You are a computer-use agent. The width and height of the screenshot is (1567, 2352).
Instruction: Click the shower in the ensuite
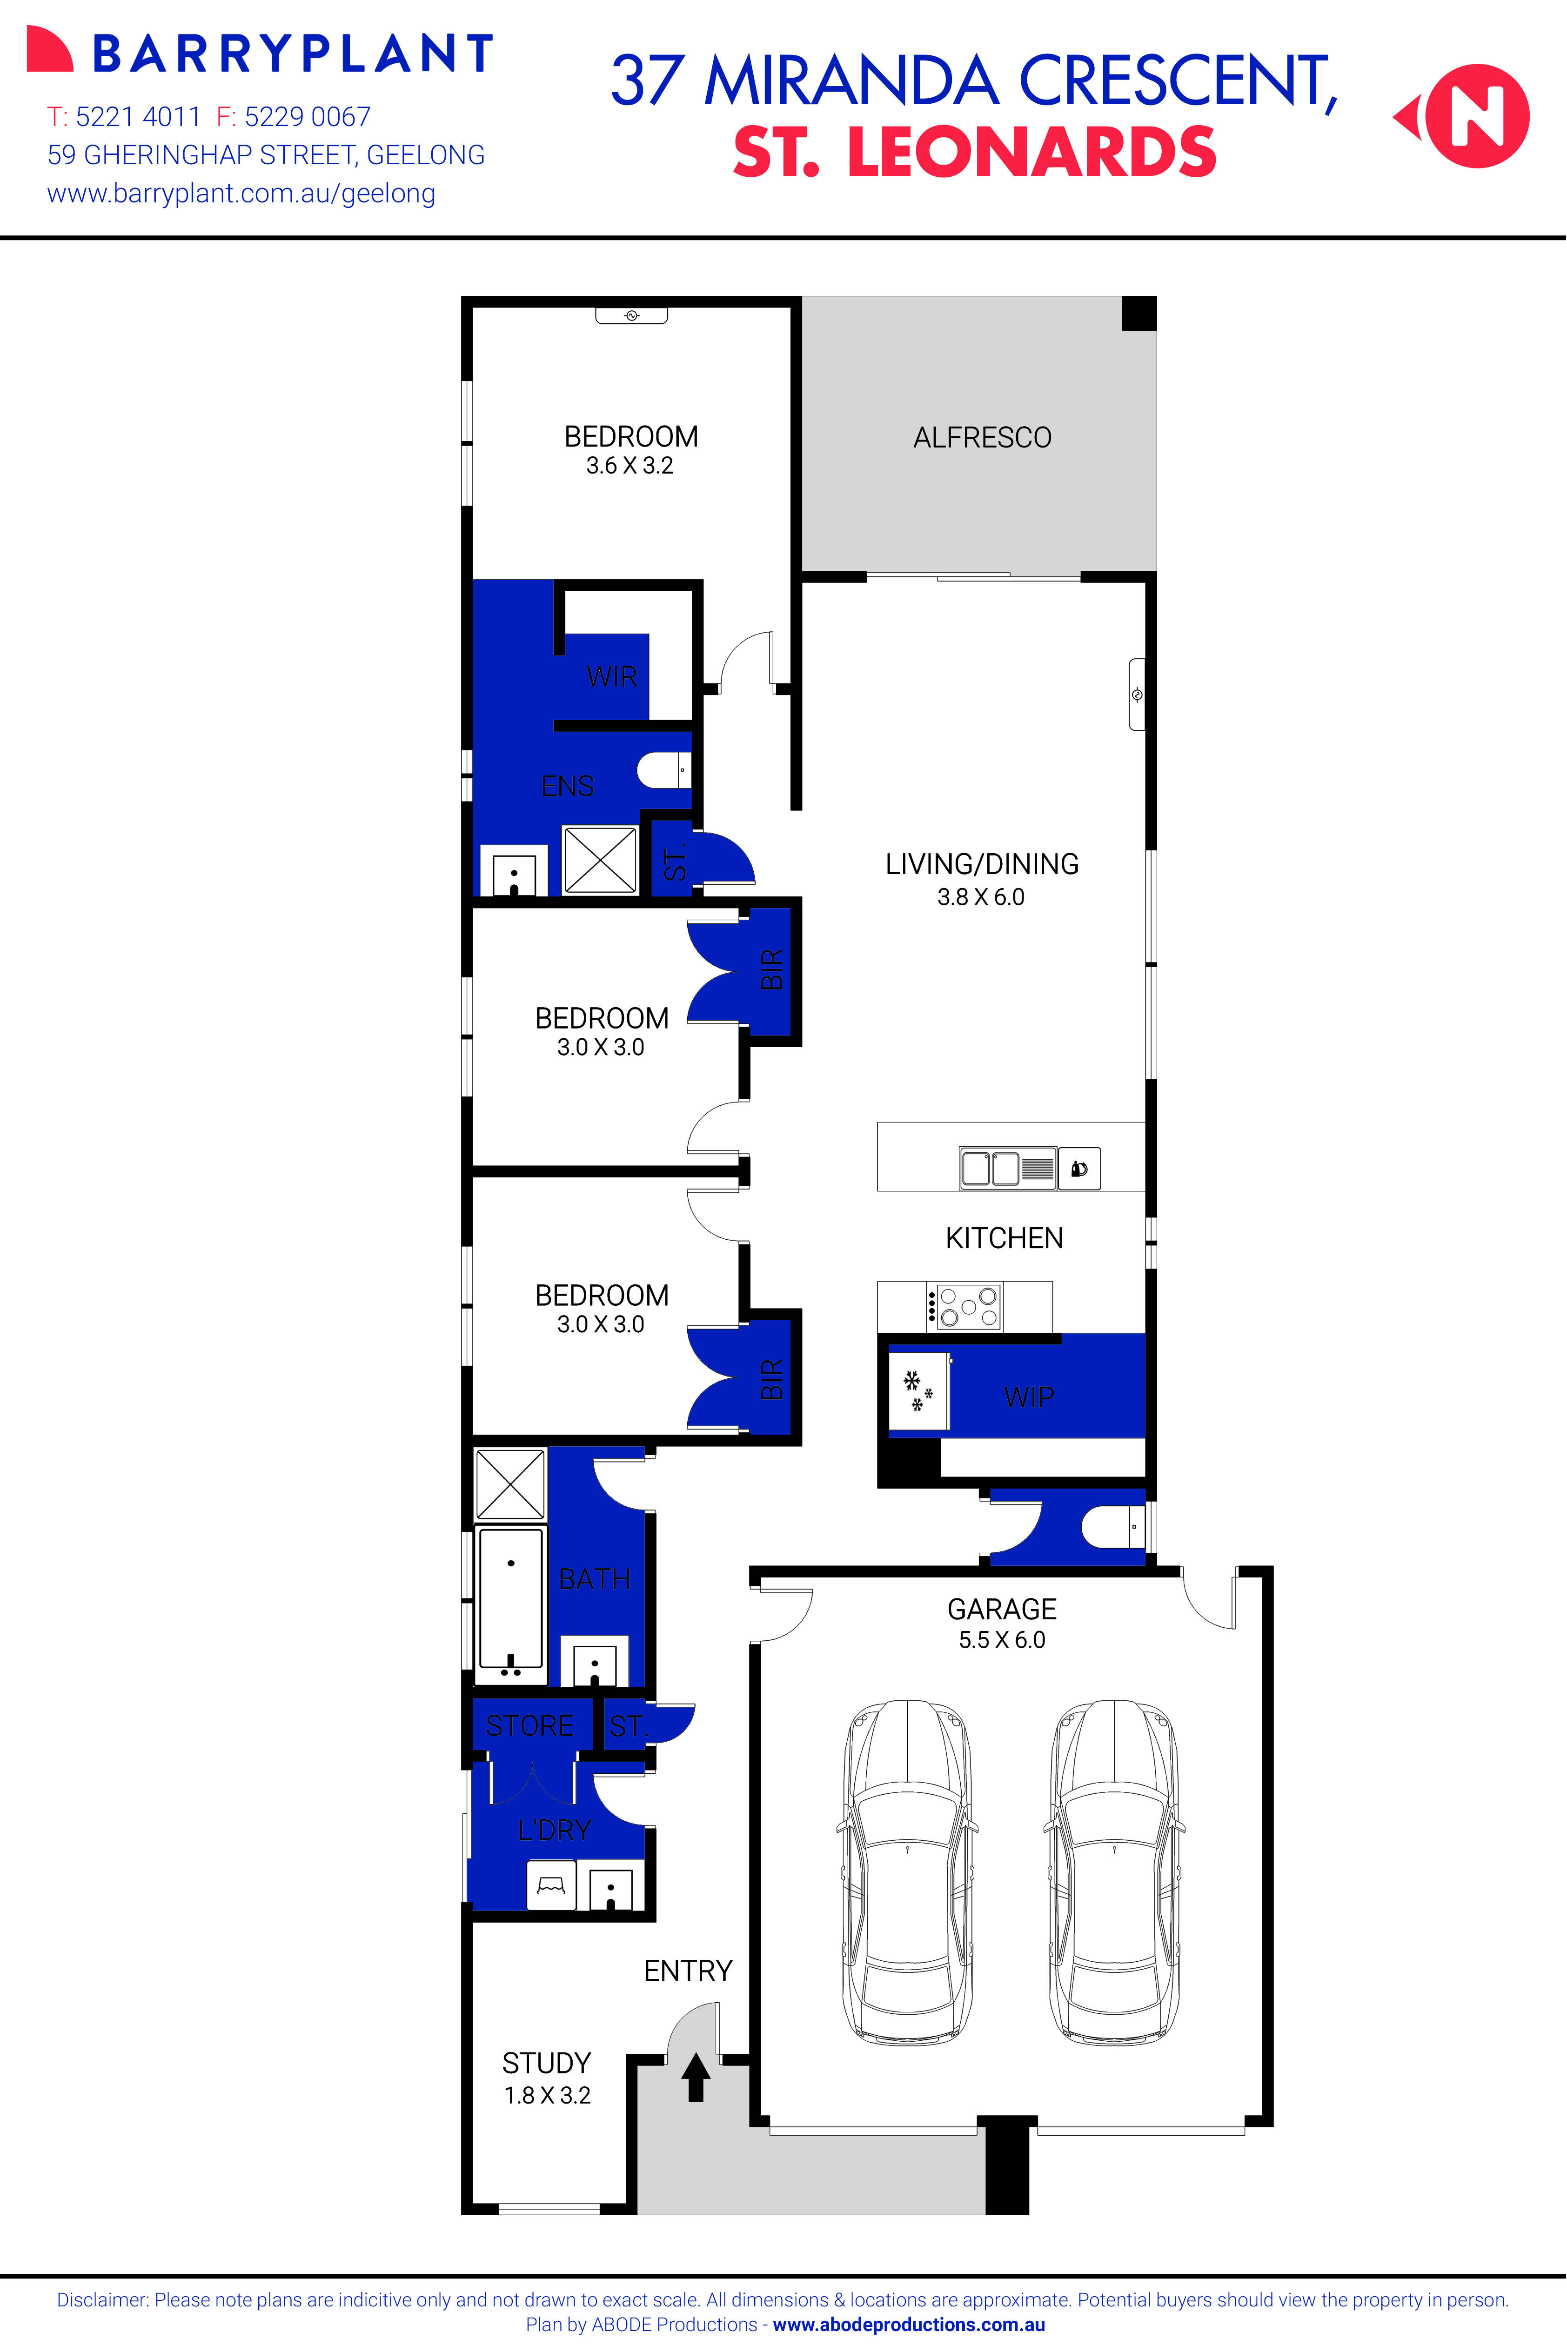tap(600, 859)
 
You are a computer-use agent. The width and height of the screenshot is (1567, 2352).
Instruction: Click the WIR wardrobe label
tap(612, 676)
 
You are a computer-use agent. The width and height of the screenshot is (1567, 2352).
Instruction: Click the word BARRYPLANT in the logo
tap(293, 54)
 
